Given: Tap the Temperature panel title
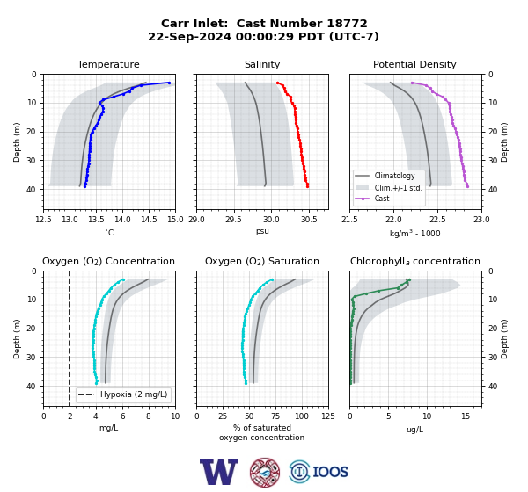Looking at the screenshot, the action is click(x=108, y=64).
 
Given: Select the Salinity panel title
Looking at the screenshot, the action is click(x=262, y=64).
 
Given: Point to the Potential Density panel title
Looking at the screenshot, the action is click(x=414, y=64).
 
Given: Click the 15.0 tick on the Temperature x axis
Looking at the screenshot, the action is click(x=175, y=220).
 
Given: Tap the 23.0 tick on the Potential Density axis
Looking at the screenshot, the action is click(x=481, y=220).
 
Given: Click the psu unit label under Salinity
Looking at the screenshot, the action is click(x=262, y=232).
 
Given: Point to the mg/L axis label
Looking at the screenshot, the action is click(x=109, y=428).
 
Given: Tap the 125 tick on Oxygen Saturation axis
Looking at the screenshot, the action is click(x=328, y=416).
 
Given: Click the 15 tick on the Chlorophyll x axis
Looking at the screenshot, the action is click(x=466, y=416).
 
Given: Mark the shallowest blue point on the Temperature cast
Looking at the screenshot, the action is click(x=169, y=83).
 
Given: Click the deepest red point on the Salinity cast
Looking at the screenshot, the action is click(x=307, y=186).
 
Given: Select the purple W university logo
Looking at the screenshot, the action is click(x=219, y=472).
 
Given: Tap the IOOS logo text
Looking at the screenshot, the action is click(x=330, y=472).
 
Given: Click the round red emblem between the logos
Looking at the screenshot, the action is click(x=265, y=472).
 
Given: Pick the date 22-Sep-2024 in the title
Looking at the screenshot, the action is click(x=189, y=36).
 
